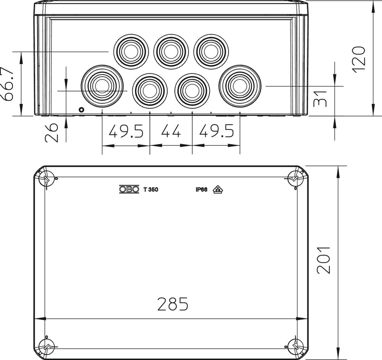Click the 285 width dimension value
(173, 304)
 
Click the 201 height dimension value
(324, 260)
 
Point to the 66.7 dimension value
(6, 84)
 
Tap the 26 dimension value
(52, 132)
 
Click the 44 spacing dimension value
(170, 131)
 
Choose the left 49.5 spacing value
(126, 131)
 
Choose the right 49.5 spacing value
(217, 131)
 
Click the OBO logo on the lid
(129, 189)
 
